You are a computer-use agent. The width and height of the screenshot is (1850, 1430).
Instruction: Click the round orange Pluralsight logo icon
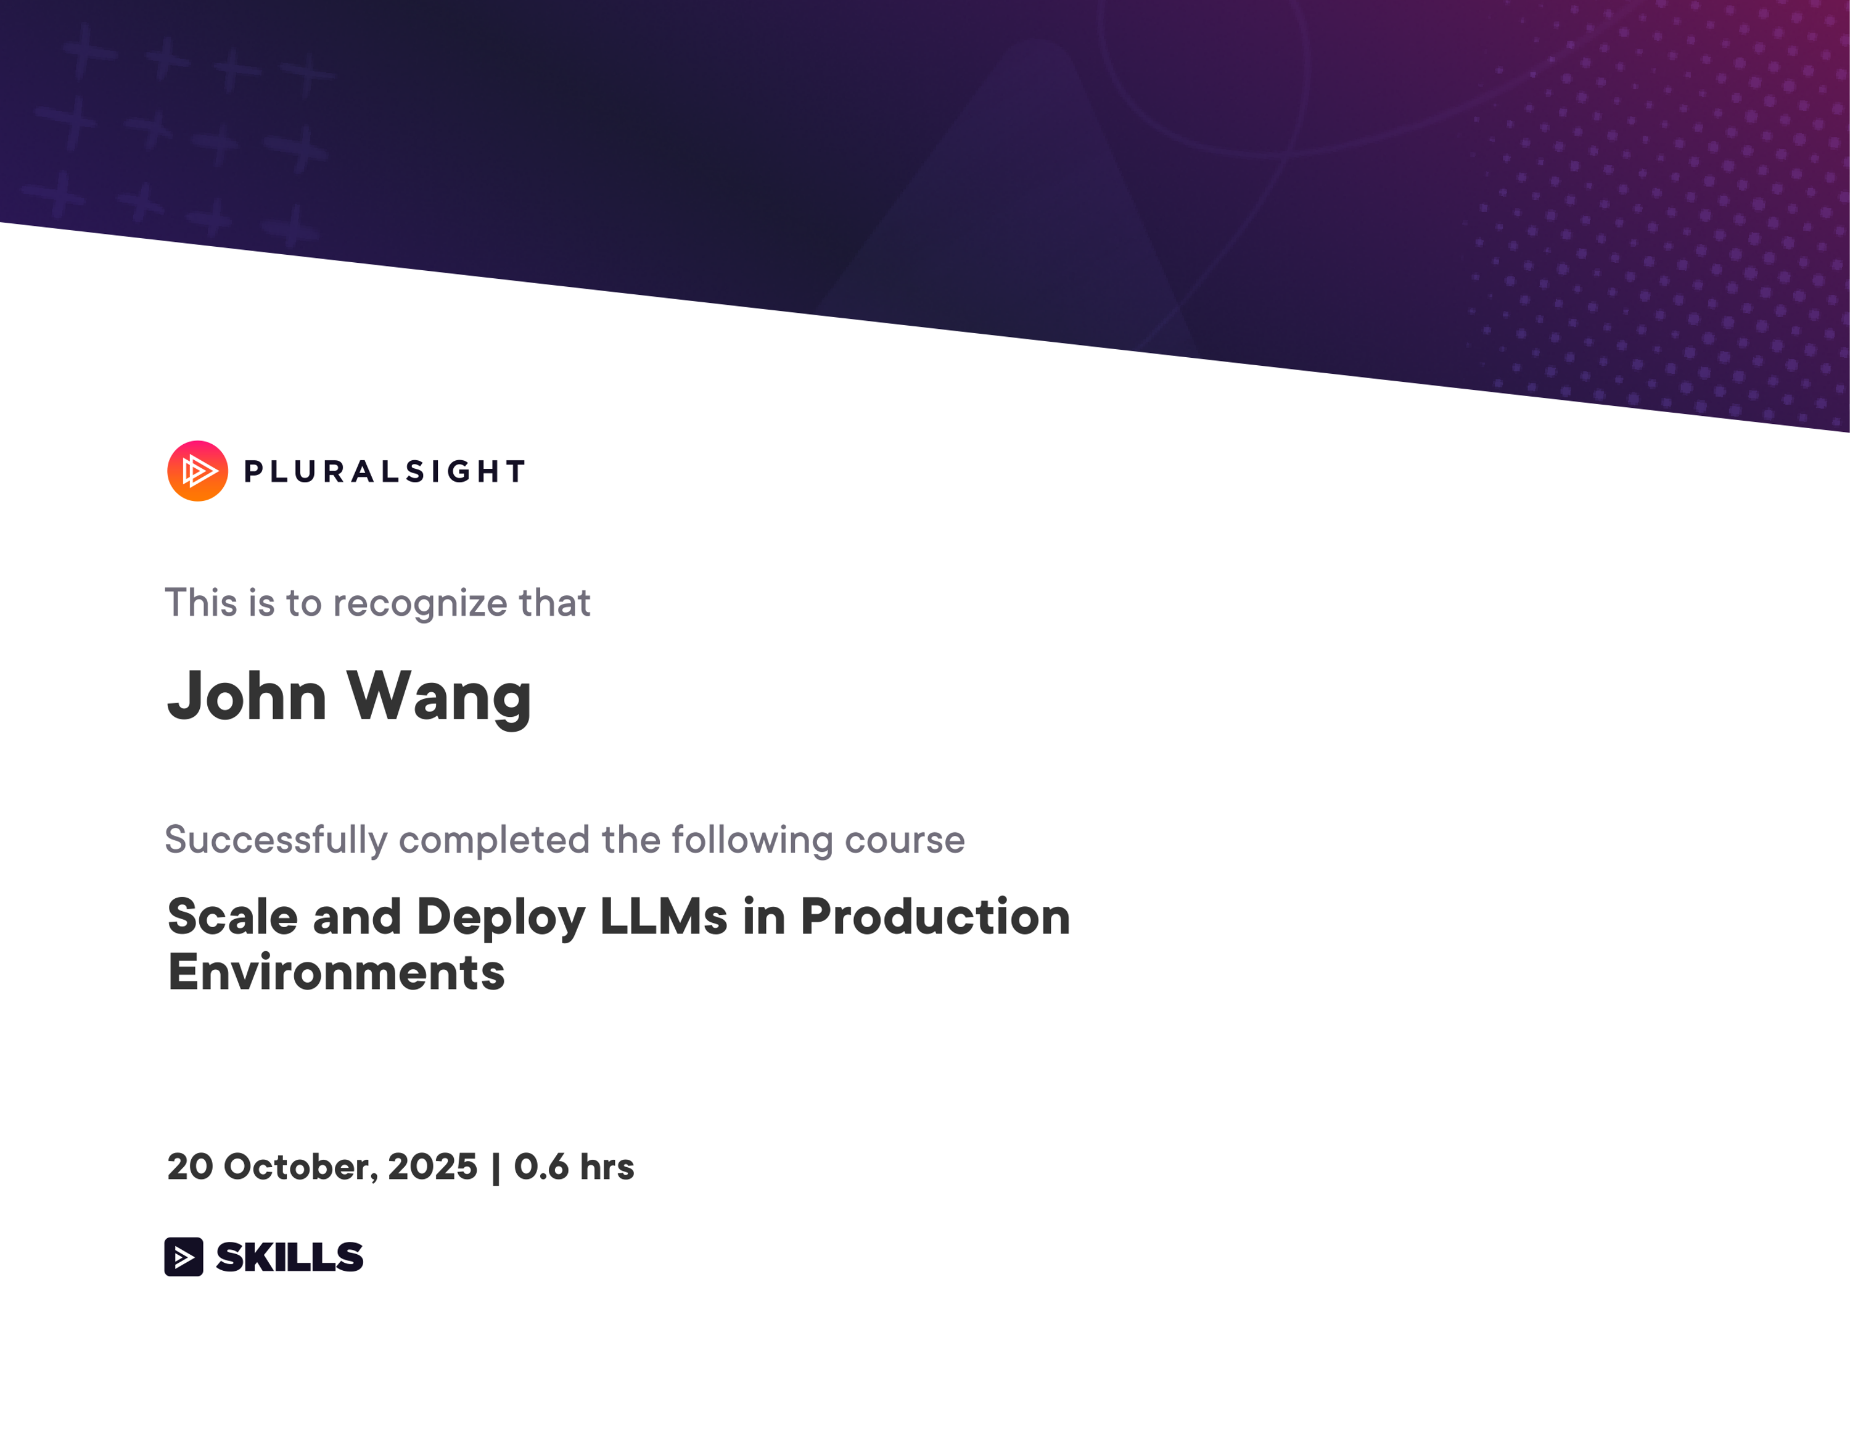coord(197,471)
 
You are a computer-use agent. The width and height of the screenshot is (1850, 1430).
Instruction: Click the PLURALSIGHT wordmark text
coord(385,472)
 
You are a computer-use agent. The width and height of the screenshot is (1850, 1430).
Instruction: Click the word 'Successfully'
coord(276,840)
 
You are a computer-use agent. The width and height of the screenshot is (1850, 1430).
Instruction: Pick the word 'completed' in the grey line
coord(494,840)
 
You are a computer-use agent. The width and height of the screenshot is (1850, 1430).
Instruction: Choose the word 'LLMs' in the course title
coord(664,917)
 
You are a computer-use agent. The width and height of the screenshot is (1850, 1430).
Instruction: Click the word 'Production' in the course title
coord(935,917)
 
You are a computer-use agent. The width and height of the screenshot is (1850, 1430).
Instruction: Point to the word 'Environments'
coord(336,972)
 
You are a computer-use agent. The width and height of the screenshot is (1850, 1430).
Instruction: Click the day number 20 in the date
coord(190,1167)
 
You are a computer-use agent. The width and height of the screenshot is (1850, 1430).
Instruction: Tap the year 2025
coord(433,1167)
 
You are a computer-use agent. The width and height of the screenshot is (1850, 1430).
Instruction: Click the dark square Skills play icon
coord(184,1256)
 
